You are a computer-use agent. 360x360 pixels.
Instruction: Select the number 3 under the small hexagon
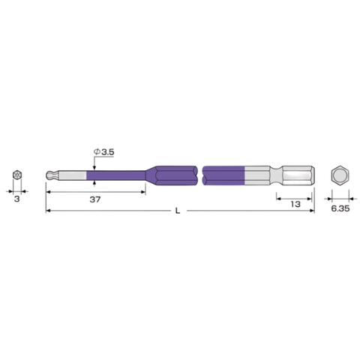(16, 200)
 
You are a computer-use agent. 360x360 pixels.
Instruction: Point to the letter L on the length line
(177, 212)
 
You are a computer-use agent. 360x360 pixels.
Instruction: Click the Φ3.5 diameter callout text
(103, 152)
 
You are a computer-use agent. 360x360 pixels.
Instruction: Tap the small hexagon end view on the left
(16, 177)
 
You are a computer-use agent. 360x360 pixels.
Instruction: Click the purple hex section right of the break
(225, 177)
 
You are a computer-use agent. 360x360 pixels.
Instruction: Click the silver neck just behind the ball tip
(71, 177)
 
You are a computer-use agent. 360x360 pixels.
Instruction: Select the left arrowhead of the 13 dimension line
(277, 198)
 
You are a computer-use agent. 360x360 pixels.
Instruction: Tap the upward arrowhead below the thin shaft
(94, 184)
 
